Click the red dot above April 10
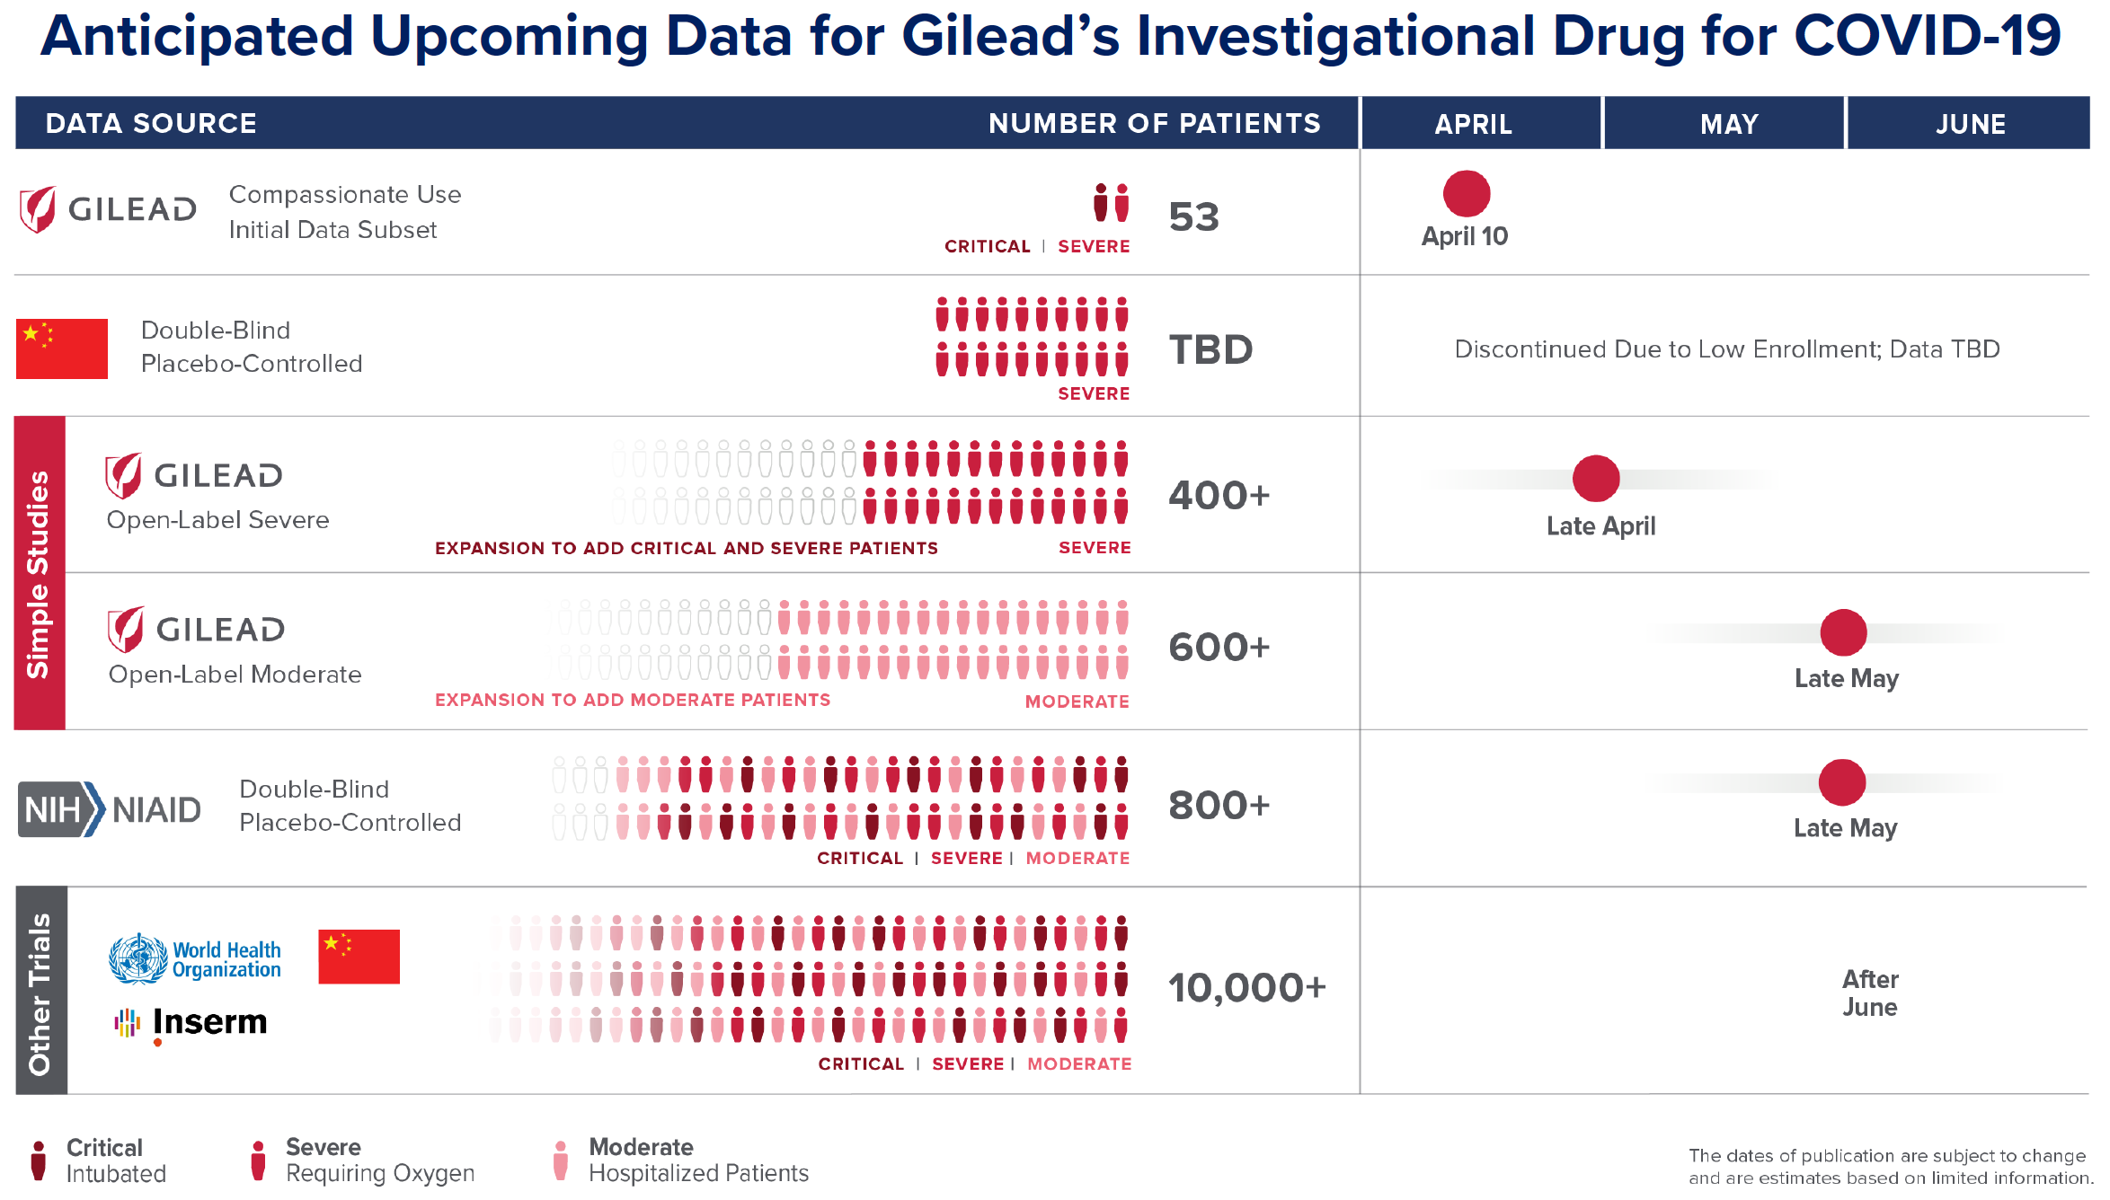point(1467,194)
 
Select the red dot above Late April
point(1596,478)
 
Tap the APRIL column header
point(1473,124)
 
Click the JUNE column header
point(1970,124)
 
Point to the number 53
point(1193,217)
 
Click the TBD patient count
point(1210,349)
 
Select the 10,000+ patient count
point(1246,988)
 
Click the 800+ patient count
point(1219,806)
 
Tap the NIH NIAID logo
point(110,809)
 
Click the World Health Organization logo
point(195,958)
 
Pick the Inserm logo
point(191,1023)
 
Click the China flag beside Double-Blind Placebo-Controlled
point(62,349)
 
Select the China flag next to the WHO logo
point(359,957)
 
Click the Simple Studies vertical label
point(39,573)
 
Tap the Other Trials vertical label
point(40,993)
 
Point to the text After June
point(1869,993)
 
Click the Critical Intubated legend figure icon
point(38,1160)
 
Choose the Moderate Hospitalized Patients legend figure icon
point(561,1160)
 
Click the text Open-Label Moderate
point(235,675)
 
